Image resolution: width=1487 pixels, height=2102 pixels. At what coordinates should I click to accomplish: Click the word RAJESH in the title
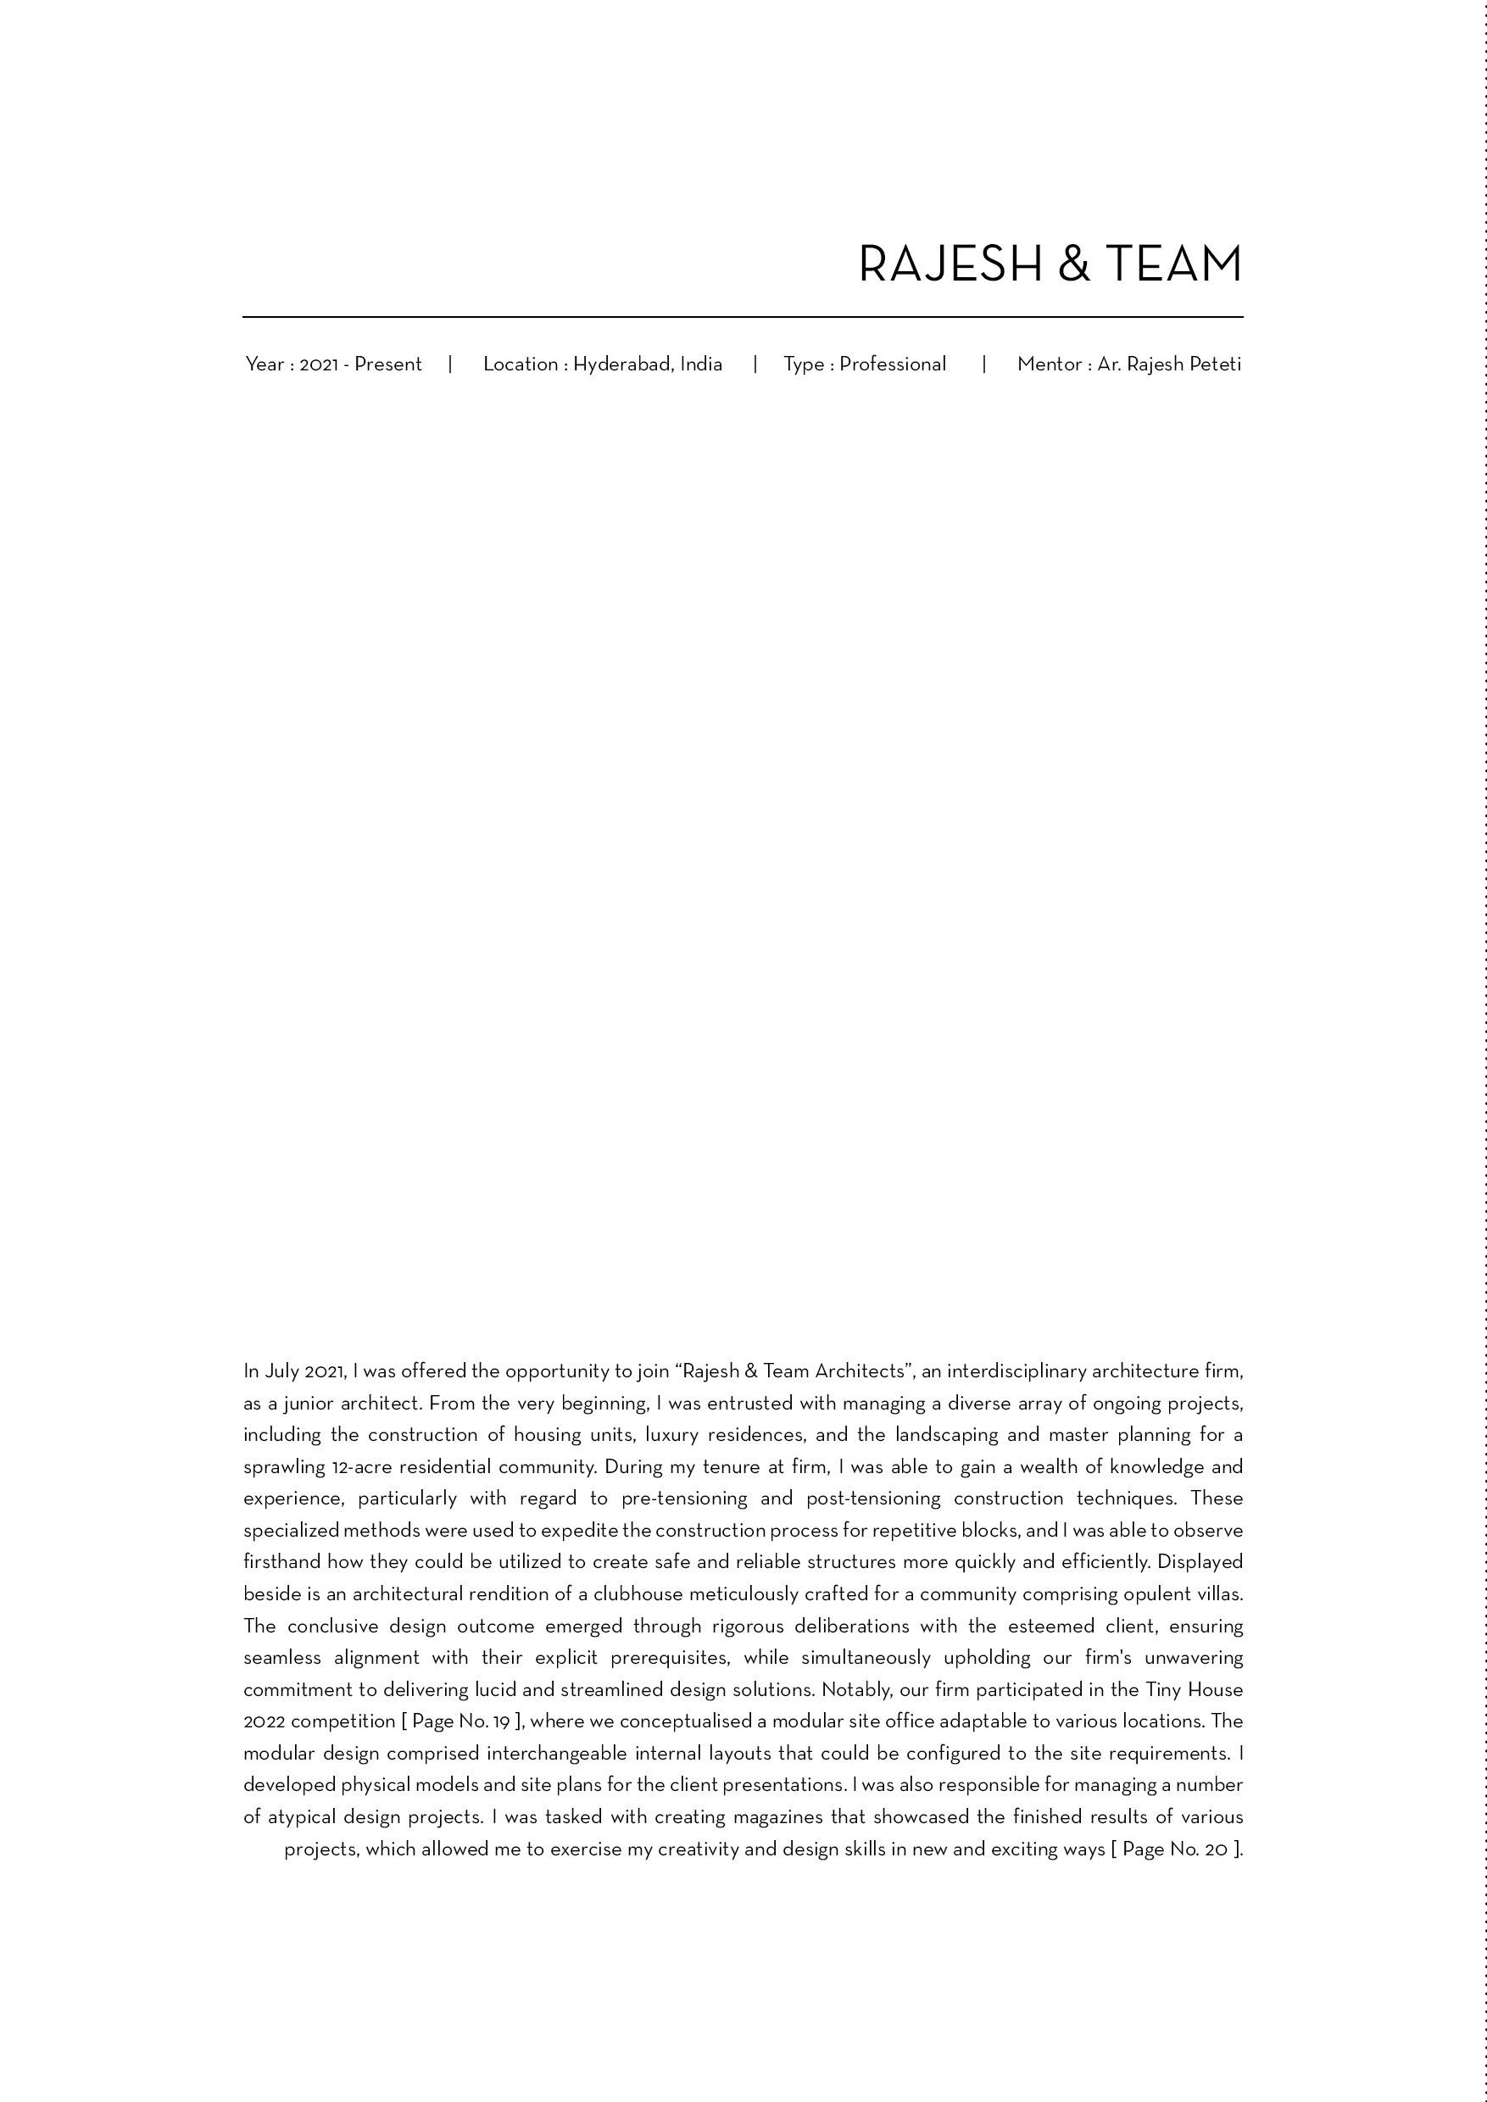(950, 264)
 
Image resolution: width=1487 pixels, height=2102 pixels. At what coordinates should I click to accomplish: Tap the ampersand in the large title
(1073, 264)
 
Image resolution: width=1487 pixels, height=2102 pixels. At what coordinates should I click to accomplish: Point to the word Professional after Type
(893, 364)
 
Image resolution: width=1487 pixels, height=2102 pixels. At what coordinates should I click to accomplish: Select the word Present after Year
(388, 364)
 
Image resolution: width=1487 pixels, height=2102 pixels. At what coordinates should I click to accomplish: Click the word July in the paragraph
(282, 1371)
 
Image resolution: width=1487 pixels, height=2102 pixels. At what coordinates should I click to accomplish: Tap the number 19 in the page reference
(501, 1721)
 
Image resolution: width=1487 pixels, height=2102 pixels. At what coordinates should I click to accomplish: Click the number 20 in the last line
(1216, 1849)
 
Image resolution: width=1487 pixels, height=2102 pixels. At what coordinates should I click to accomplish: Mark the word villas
(1220, 1594)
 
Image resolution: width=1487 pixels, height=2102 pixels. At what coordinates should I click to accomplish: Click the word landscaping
(946, 1435)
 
